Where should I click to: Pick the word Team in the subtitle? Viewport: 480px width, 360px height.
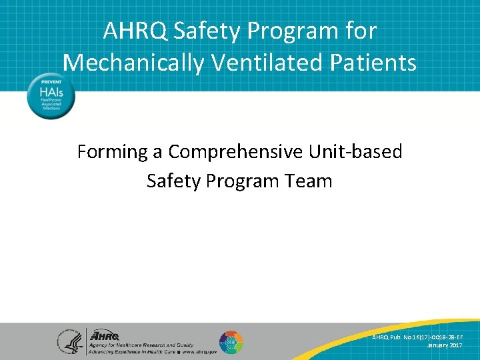click(307, 181)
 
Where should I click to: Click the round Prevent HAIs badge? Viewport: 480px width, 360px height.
click(51, 96)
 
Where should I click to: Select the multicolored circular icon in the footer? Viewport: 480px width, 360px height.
click(231, 341)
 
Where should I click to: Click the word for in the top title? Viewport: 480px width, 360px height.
click(360, 31)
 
